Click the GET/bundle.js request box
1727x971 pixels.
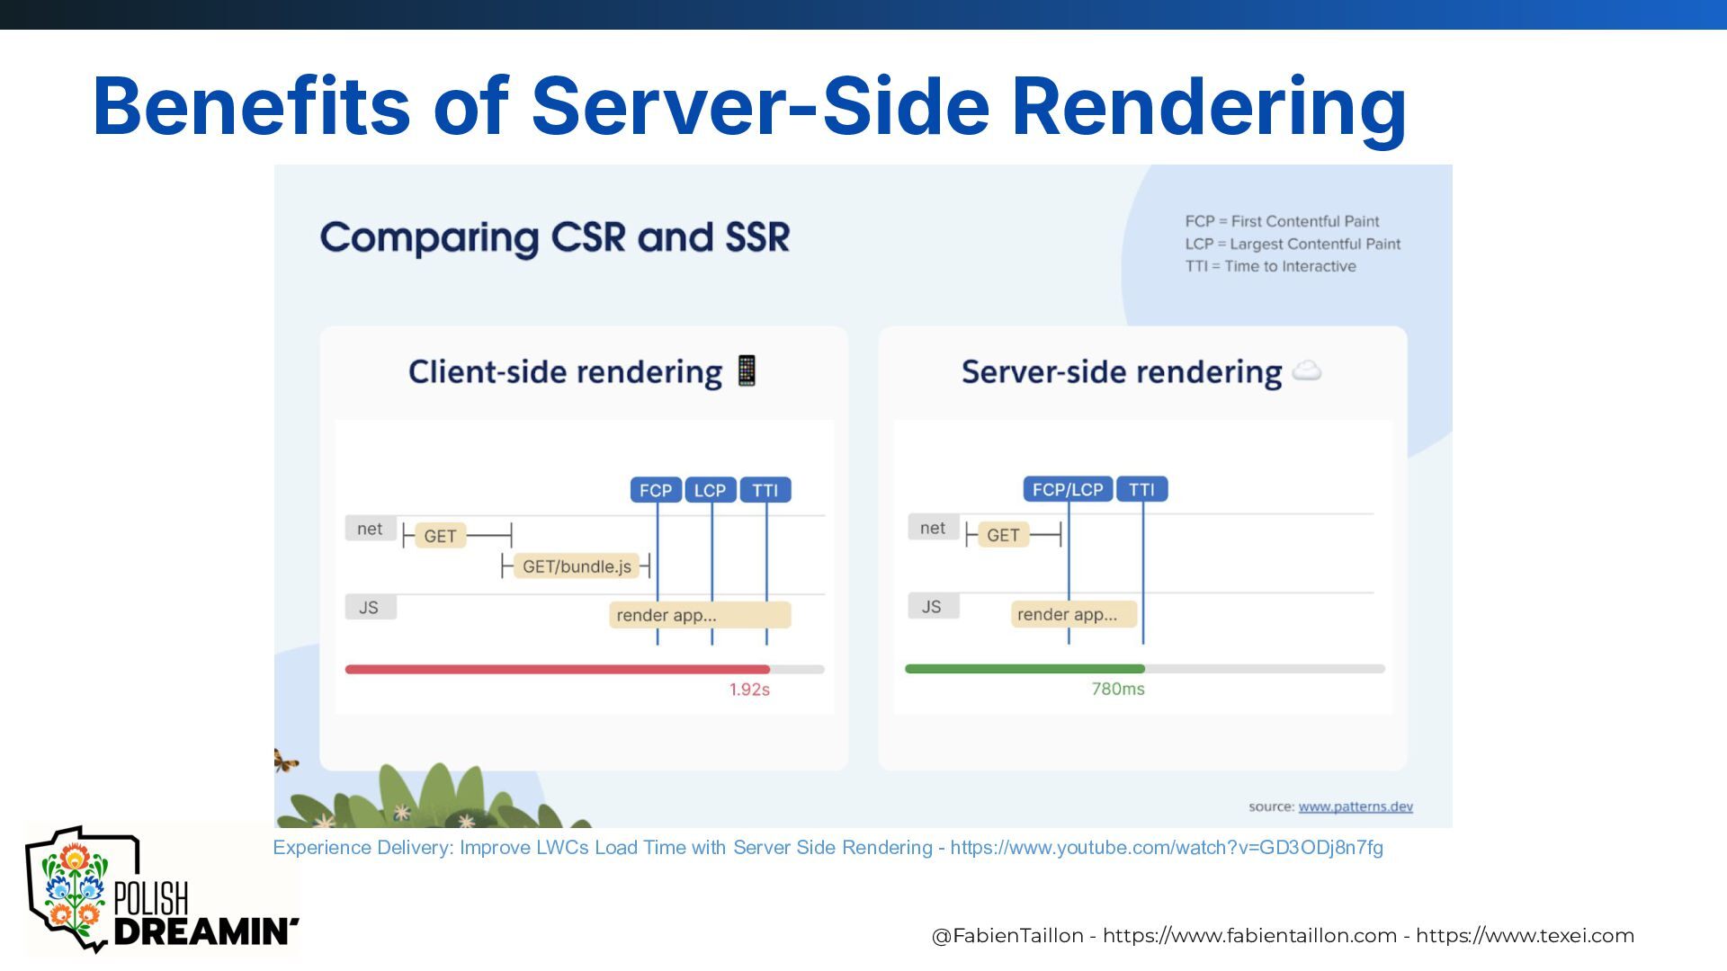(x=577, y=566)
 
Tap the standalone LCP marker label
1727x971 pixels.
(x=711, y=490)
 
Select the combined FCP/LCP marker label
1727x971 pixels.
(x=1068, y=489)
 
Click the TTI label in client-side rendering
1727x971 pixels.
(x=765, y=490)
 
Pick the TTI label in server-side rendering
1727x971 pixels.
(x=1141, y=489)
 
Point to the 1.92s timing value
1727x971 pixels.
(x=749, y=690)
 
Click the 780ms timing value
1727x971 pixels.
(x=1118, y=689)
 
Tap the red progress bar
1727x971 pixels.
(x=558, y=669)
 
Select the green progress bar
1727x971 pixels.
(x=1025, y=669)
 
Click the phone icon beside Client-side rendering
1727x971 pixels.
(x=747, y=370)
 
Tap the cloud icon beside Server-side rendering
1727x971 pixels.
(x=1306, y=370)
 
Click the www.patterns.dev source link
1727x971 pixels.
(x=1356, y=806)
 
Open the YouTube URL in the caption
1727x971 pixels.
(x=1167, y=848)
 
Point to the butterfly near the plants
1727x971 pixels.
(x=285, y=762)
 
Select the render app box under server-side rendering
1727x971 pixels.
(x=1074, y=614)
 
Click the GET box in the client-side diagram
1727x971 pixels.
(x=441, y=536)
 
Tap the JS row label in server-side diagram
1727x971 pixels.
(x=932, y=607)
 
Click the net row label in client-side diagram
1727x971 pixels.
(x=370, y=529)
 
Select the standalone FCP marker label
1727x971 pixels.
(x=656, y=490)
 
